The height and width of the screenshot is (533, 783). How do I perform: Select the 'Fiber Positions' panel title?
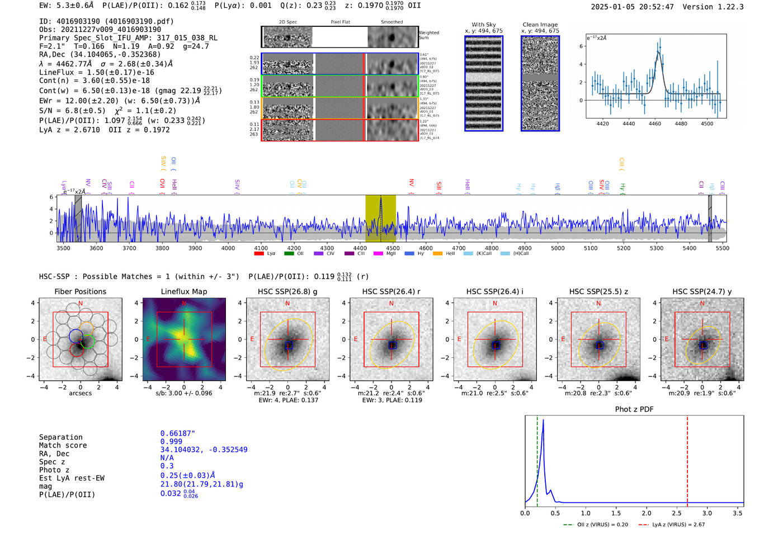click(80, 291)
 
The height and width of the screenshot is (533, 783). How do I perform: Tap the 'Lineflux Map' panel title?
click(184, 291)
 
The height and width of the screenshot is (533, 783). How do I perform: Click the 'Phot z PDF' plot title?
click(634, 409)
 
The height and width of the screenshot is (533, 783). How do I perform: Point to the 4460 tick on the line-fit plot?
click(654, 124)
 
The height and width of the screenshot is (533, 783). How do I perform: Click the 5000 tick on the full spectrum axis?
click(558, 248)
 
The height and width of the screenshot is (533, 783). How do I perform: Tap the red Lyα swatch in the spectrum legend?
click(259, 253)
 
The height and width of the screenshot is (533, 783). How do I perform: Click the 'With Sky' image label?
click(483, 25)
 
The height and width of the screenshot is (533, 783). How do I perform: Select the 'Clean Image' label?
click(540, 25)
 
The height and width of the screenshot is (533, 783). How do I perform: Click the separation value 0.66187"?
click(177, 433)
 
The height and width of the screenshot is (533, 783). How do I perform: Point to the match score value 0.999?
click(171, 441)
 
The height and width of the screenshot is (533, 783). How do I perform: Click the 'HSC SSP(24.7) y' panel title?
click(702, 291)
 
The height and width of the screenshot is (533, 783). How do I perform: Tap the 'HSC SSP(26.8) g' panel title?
click(287, 291)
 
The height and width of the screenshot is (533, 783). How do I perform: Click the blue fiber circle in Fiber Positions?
click(76, 336)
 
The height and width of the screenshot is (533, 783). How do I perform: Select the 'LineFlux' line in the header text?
click(97, 72)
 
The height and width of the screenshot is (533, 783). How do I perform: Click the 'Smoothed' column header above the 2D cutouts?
click(391, 22)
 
